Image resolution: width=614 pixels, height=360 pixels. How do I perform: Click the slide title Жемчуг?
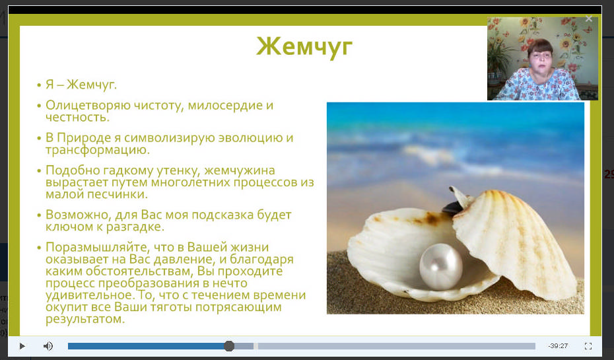pos(304,47)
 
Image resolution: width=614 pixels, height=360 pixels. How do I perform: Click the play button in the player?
pos(22,346)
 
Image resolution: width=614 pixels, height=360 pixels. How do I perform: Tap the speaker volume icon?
pos(48,346)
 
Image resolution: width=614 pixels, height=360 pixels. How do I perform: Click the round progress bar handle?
pos(229,346)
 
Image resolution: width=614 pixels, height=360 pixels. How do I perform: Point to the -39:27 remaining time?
pos(558,346)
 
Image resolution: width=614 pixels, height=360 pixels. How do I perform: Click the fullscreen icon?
pos(588,346)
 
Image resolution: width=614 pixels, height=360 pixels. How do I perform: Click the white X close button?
pos(588,18)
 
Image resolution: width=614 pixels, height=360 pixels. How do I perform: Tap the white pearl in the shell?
pos(441,267)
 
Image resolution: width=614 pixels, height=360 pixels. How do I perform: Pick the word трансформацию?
pos(98,150)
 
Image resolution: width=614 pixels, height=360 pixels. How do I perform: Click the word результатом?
pos(85,319)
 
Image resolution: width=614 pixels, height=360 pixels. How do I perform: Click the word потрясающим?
pos(238,307)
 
